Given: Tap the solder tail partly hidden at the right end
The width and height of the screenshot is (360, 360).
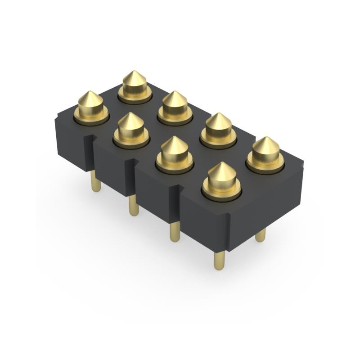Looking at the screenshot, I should click(260, 235).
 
